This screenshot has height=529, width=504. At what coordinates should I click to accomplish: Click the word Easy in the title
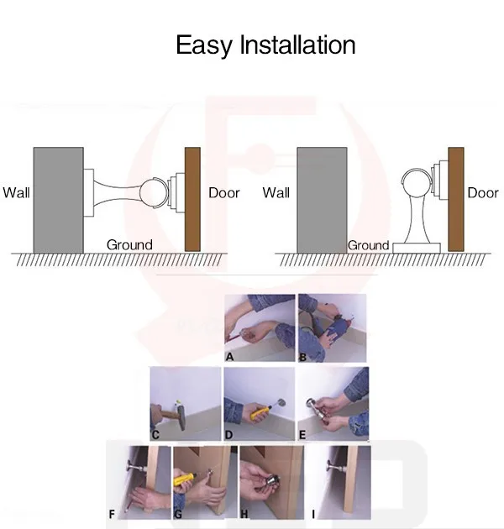point(204,45)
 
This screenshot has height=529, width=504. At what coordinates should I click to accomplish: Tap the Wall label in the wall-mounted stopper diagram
point(16,192)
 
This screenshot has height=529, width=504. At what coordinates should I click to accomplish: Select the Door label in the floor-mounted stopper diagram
point(482,192)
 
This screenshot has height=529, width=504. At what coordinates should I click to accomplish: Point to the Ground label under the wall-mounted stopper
point(129,244)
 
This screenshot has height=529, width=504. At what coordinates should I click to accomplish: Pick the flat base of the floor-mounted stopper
point(418,246)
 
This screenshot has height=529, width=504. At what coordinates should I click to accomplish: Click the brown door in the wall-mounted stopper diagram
point(192,198)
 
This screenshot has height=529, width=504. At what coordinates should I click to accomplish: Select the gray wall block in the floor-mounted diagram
point(322,199)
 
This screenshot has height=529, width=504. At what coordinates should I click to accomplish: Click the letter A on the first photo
point(229,356)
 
